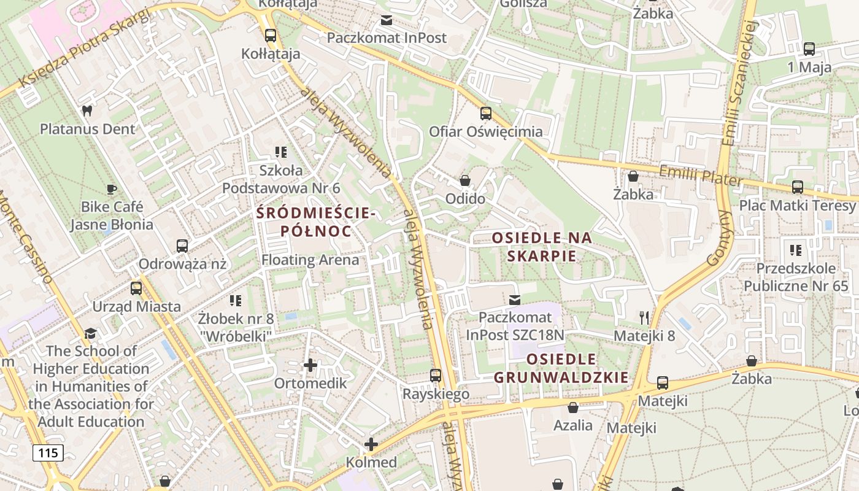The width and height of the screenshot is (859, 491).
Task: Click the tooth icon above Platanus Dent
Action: (x=87, y=111)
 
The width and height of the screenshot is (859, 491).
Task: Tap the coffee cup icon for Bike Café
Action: (x=111, y=189)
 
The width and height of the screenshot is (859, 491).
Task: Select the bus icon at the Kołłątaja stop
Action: (x=270, y=36)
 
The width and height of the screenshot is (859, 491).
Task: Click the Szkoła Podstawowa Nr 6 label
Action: (x=281, y=179)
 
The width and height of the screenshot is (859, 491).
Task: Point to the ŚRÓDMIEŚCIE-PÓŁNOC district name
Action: (x=315, y=222)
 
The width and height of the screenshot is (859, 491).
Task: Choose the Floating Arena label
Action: (x=310, y=260)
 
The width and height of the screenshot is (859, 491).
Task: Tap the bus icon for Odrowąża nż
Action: (x=182, y=246)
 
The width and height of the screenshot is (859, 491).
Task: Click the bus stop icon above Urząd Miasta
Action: (x=136, y=288)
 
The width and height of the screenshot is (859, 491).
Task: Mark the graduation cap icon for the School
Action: (x=91, y=333)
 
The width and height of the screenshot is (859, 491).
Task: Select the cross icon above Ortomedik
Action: (x=310, y=365)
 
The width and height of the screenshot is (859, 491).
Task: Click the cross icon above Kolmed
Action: (x=371, y=444)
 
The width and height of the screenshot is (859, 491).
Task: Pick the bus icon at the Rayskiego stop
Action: (x=436, y=376)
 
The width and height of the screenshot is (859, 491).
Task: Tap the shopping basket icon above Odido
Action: (x=465, y=181)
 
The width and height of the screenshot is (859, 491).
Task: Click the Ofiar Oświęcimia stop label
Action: (x=485, y=131)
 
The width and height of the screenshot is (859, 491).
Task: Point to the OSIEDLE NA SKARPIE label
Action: (x=542, y=246)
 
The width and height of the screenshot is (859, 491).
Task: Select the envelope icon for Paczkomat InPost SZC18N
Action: (x=514, y=300)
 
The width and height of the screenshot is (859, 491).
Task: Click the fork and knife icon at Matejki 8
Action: (x=644, y=317)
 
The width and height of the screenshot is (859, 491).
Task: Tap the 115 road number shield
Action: (x=48, y=453)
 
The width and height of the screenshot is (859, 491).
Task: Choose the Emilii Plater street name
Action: (x=700, y=176)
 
